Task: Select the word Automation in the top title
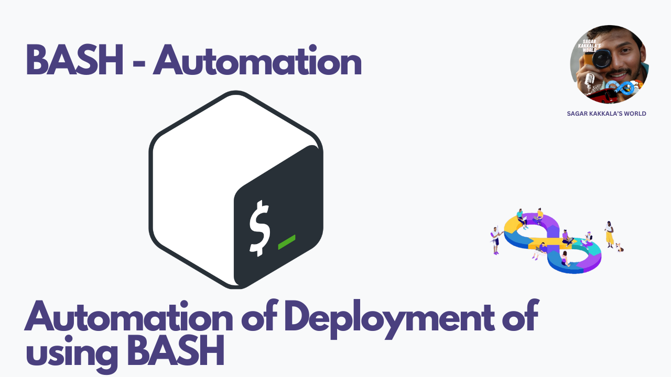pos(257,61)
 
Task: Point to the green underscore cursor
pos(286,241)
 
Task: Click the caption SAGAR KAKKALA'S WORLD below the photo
pos(607,114)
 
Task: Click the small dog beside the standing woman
pos(620,247)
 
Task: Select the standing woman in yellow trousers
pos(609,234)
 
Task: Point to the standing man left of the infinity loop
pos(495,241)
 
